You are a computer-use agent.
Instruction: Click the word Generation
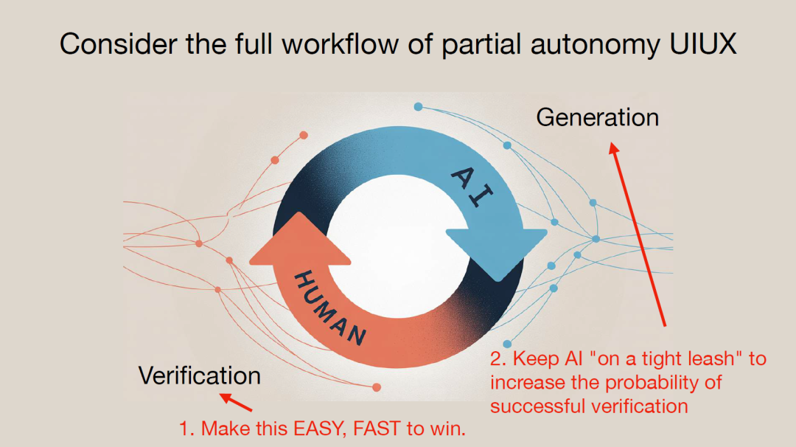597,118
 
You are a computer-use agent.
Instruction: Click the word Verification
200,376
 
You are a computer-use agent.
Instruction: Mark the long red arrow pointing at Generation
638,235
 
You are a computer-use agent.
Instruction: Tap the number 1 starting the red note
185,429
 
